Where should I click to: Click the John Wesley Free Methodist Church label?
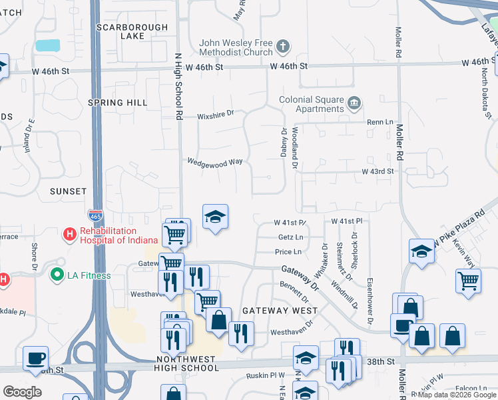236,47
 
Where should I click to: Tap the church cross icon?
284,47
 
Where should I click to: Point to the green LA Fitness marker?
57,274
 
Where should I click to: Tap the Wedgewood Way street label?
214,161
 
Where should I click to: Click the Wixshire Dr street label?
215,114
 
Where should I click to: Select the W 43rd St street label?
377,171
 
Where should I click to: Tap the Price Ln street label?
288,252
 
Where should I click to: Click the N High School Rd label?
178,87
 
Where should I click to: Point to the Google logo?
23,392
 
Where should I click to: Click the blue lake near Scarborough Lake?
47,45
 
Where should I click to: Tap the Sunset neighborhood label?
68,191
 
